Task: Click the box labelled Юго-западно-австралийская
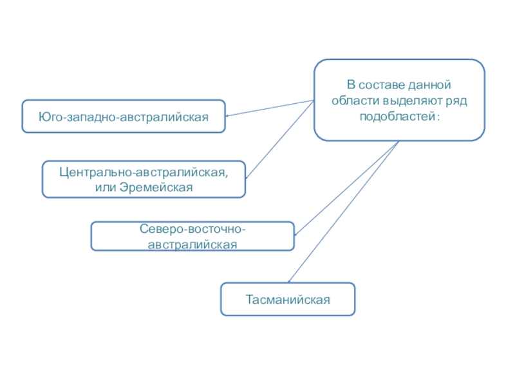pos(124,116)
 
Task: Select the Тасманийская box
pos(288,299)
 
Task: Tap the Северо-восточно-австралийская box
pos(192,237)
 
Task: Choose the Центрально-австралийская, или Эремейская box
pos(144,179)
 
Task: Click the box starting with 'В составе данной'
pos(399,100)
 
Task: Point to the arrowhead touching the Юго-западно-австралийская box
pos(229,116)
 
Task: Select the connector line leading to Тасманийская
pos(341,213)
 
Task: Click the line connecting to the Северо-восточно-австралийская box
pos(348,187)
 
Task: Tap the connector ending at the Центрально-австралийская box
pos(280,139)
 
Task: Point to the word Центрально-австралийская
pos(142,172)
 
